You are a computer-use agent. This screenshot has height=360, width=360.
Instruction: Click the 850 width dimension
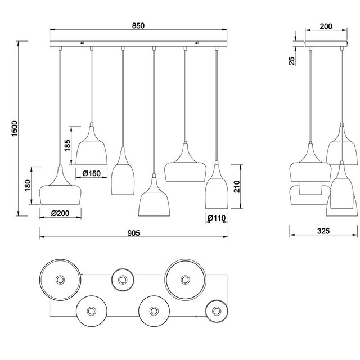point(138,25)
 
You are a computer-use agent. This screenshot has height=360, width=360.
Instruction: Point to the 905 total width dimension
point(133,232)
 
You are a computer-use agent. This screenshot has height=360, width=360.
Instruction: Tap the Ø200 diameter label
point(60,213)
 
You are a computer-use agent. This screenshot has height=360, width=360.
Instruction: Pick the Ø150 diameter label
point(91,173)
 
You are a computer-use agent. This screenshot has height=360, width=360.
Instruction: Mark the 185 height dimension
point(67,145)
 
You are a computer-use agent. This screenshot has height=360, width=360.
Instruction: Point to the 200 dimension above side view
point(326,25)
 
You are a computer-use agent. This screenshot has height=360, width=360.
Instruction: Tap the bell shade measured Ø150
point(92,148)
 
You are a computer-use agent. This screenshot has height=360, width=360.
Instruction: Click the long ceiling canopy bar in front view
point(138,43)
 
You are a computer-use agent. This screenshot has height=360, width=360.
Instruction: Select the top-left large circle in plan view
point(60,280)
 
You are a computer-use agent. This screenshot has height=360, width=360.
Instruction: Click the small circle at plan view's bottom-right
point(216,310)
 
